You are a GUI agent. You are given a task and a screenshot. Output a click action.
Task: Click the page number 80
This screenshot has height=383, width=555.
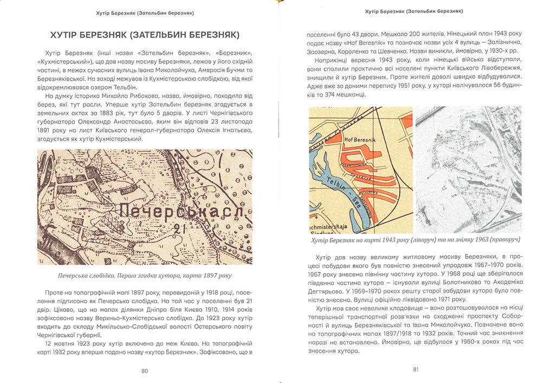point(144,371)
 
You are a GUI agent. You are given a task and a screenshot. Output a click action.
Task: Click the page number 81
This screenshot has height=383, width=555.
point(416,369)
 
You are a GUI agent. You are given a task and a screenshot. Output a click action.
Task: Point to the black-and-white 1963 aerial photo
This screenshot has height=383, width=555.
point(468,170)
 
